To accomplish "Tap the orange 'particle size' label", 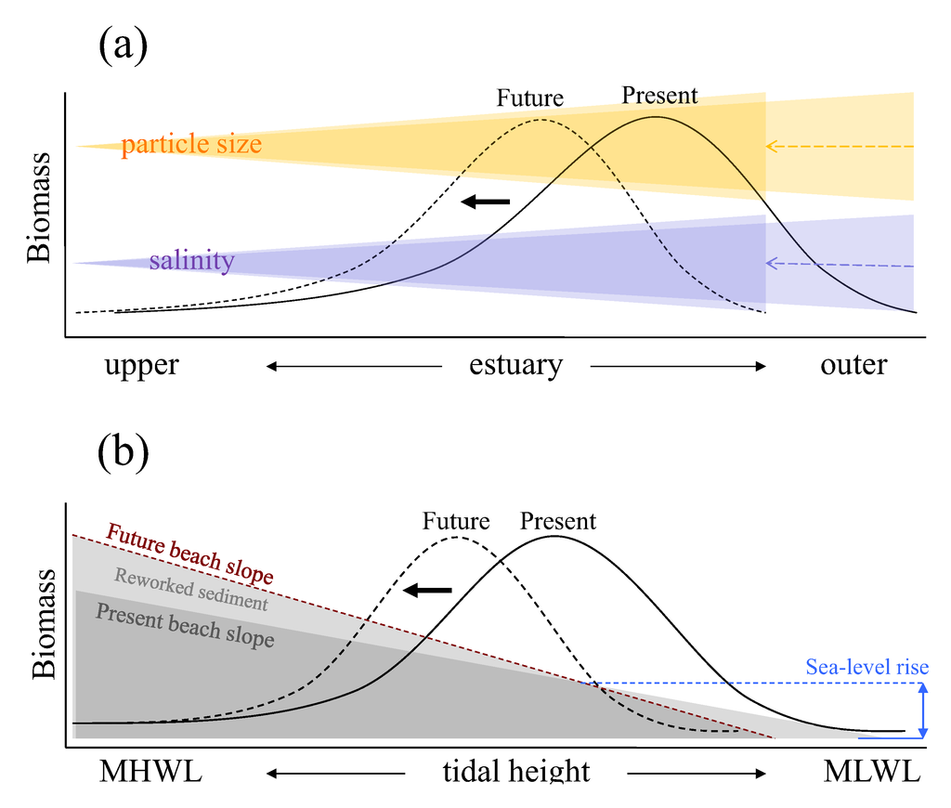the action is (191, 145).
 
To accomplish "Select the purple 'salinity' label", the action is (191, 261).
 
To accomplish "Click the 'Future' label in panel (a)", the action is (529, 98).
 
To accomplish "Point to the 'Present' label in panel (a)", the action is (659, 95).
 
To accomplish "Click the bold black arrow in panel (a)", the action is (486, 201).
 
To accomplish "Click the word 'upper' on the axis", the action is (141, 365).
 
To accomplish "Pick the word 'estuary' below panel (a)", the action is (515, 365).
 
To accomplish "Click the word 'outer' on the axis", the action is (853, 365).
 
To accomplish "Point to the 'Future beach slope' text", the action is (190, 554).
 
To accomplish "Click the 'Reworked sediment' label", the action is (191, 590).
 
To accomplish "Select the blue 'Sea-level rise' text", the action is (866, 667).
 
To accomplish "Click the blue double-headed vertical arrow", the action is (923, 710).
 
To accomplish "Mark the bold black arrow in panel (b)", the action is (427, 590).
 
